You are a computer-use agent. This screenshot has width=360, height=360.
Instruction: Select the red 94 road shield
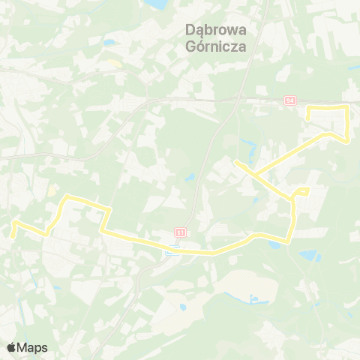[291, 100]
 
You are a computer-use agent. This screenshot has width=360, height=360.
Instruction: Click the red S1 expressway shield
[180, 232]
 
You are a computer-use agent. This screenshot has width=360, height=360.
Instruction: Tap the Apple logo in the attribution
[11, 348]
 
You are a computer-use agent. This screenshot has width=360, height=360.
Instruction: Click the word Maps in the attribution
[32, 348]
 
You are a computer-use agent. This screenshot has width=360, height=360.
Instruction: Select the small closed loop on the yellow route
[301, 192]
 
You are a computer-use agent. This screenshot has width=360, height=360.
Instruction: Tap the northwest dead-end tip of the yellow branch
[235, 161]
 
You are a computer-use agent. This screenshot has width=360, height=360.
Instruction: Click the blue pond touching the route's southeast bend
[274, 244]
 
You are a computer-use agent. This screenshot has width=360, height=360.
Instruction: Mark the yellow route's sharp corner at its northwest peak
[68, 196]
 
